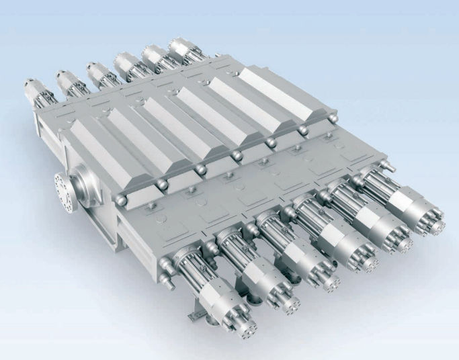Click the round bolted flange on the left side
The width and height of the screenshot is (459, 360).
point(65,186)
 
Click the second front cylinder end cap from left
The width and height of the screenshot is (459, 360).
point(290,306)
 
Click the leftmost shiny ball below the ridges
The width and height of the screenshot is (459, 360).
point(118,200)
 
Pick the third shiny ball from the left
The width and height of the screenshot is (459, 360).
point(199,170)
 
